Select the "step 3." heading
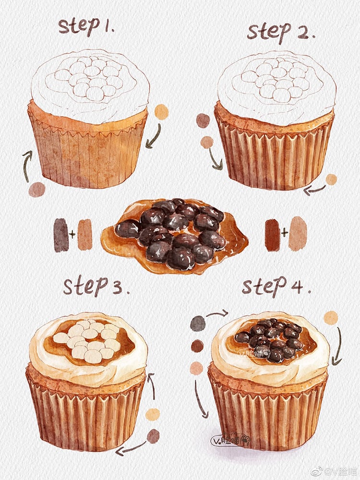[x=96, y=287]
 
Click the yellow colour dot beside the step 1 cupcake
[x=162, y=112]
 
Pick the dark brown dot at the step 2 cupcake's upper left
[x=203, y=120]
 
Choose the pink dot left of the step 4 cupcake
[x=196, y=368]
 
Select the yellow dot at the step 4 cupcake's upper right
[x=331, y=317]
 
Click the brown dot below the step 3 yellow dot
[x=153, y=436]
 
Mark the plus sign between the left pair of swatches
[x=72, y=235]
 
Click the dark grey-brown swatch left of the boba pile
[x=61, y=235]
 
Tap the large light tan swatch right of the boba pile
[x=298, y=233]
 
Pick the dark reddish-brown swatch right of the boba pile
[x=272, y=235]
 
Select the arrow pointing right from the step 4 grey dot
[x=217, y=314]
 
